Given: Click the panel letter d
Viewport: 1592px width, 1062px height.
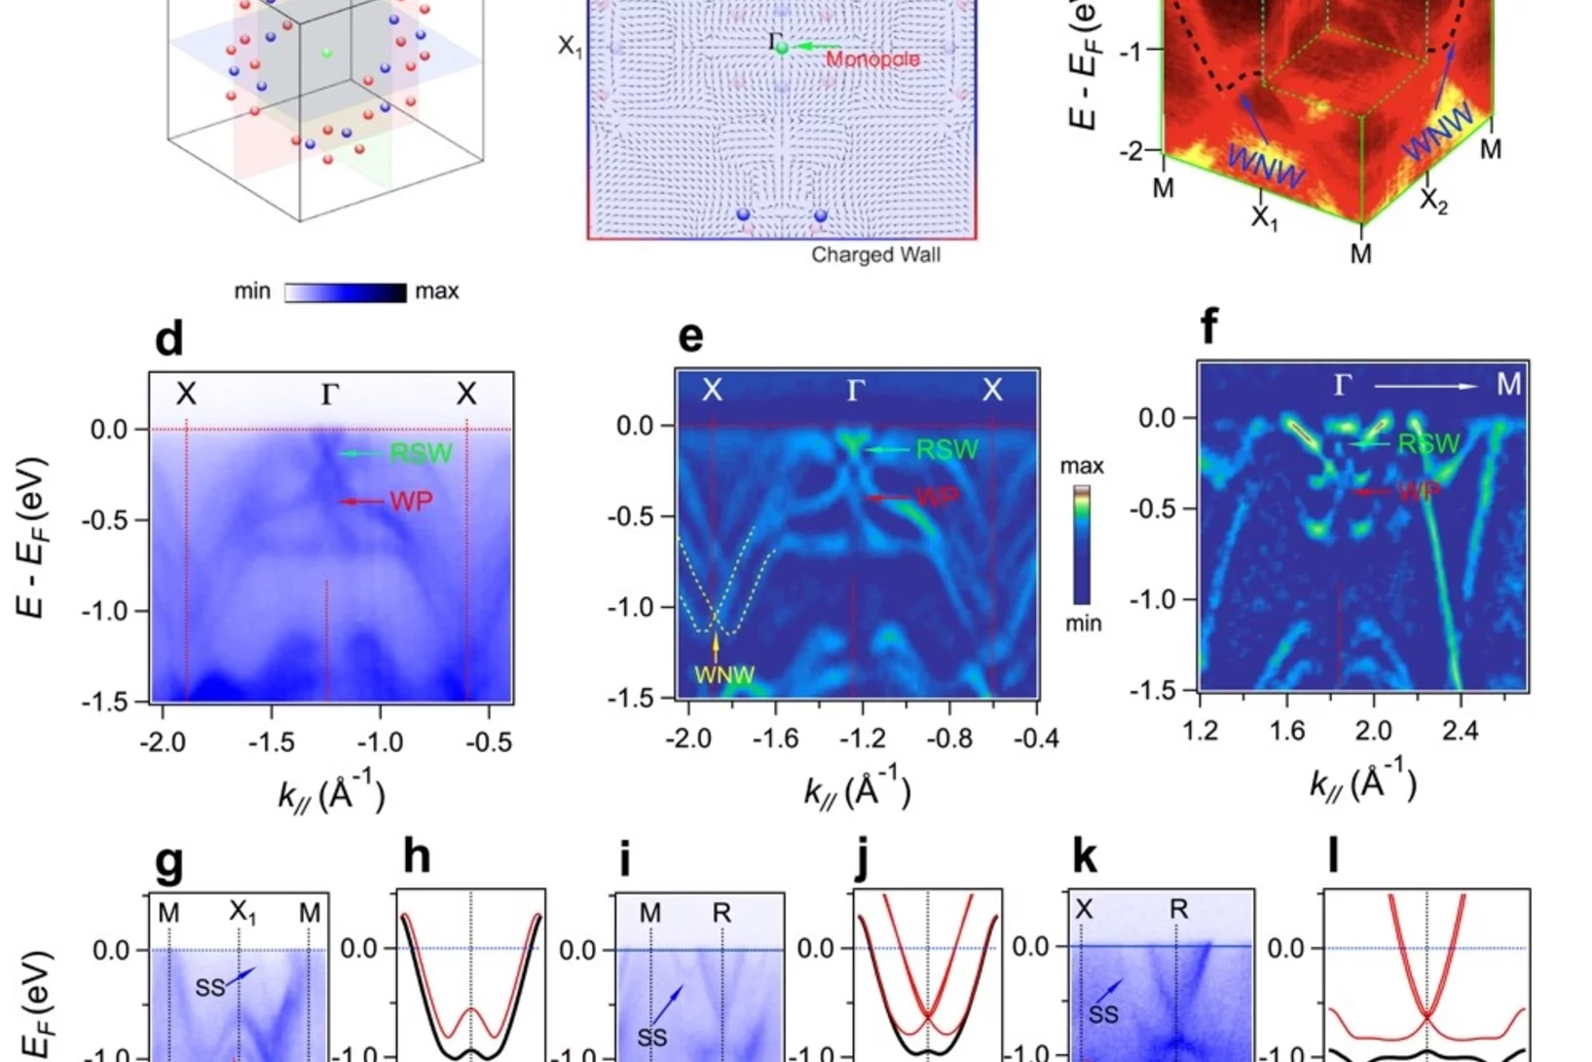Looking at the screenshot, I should [168, 339].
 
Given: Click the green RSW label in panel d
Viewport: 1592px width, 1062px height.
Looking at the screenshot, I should [421, 453].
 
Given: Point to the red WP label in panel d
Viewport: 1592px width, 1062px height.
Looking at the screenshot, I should [411, 502].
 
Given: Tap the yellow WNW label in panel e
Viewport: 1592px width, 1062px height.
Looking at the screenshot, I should [724, 674].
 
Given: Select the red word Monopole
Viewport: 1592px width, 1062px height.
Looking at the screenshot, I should [872, 59].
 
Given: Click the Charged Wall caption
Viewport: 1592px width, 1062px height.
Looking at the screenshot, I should [875, 255].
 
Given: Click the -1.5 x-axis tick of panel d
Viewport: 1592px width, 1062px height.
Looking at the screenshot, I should [271, 742].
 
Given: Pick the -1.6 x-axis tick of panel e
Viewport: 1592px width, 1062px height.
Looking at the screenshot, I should [775, 739].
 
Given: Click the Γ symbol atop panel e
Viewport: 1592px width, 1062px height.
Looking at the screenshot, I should [856, 391].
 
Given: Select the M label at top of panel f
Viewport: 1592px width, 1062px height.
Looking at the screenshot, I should [1508, 385].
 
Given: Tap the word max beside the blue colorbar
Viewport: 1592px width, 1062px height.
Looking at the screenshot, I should [436, 291].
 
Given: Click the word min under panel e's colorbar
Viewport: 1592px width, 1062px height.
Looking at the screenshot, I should [1083, 623].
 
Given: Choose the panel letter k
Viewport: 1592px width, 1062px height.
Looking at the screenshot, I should [1084, 857].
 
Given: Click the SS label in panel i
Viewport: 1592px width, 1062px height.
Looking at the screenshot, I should [651, 1038].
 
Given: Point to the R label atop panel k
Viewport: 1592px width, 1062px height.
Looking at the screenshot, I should [1178, 910].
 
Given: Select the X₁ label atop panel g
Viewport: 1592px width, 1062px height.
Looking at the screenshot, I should [242, 913].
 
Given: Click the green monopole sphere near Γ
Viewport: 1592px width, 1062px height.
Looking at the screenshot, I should [782, 47].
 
